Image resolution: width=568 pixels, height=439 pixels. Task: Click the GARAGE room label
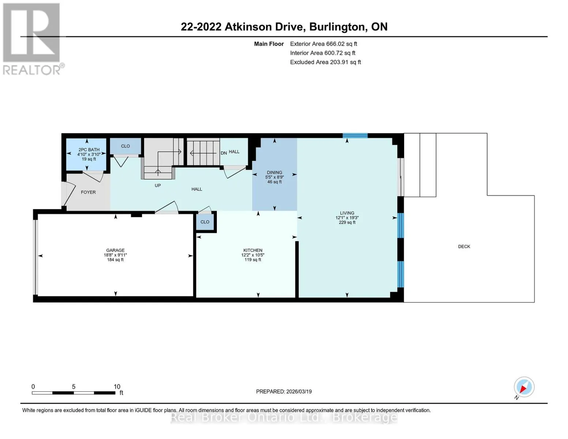coord(115,250)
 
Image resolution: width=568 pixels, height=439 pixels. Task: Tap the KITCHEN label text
coord(253,250)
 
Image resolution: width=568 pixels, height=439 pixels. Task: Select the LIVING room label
coord(347,213)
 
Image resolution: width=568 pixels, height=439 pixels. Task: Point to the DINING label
coord(274,173)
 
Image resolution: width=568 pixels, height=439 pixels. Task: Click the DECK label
coord(464,247)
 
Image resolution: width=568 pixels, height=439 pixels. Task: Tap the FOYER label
coord(89,192)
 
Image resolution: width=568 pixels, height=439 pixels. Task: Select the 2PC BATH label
coord(89,150)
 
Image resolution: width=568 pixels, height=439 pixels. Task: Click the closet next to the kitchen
coord(205,222)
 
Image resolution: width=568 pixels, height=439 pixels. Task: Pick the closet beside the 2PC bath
coord(125,146)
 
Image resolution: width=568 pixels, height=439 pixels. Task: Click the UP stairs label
coord(158,185)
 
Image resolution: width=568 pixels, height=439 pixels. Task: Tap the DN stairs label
coord(224,153)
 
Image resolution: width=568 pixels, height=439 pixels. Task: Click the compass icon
coord(524,387)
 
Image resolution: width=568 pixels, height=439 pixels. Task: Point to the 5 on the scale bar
coord(74,387)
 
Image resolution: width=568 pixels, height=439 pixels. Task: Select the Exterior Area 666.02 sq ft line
coord(324,44)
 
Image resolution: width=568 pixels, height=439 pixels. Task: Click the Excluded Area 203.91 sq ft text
coord(326,62)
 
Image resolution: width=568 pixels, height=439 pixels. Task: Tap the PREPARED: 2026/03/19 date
coord(284,392)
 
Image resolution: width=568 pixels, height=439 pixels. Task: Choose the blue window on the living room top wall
coord(355,135)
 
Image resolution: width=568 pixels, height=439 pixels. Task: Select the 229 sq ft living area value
coord(347,222)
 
